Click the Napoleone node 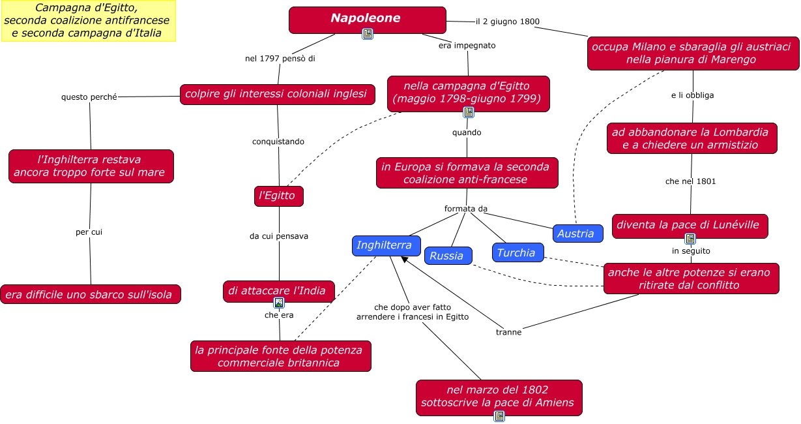pos(367,19)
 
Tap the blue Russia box pos(447,256)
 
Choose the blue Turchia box pos(517,252)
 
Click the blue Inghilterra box pos(385,245)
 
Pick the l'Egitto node pos(278,196)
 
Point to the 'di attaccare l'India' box pos(278,291)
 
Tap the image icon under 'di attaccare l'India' pos(279,303)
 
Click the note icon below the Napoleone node pos(368,34)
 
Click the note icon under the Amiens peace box pos(499,416)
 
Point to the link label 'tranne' pos(508,332)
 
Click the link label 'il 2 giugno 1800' pos(507,22)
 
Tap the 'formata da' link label pos(465,209)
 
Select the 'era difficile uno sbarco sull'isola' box pos(90,295)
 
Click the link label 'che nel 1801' pos(690,181)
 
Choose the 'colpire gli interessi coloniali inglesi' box pos(277,94)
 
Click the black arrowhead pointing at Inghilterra pos(405,260)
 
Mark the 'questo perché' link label pos(89,97)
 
